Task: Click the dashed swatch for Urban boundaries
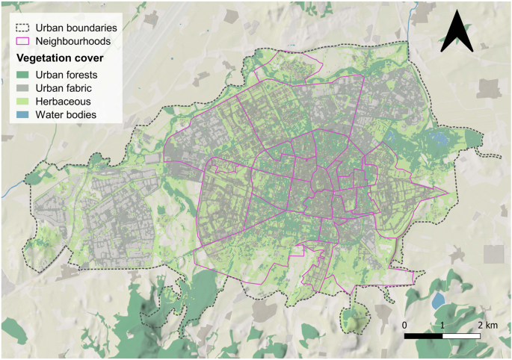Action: pyautogui.click(x=22, y=28)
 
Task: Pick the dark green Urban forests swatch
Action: pyautogui.click(x=22, y=74)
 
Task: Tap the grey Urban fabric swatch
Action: pyautogui.click(x=22, y=87)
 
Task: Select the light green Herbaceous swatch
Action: pyautogui.click(x=22, y=102)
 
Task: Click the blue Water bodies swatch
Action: pyautogui.click(x=22, y=115)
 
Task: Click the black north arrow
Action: pyautogui.click(x=457, y=34)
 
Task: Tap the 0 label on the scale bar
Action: pyautogui.click(x=404, y=326)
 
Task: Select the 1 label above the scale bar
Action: pyautogui.click(x=442, y=326)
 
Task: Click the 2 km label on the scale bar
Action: pyautogui.click(x=486, y=326)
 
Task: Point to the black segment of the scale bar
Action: pyautogui.click(x=423, y=337)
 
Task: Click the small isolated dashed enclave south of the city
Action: pyautogui.click(x=350, y=318)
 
